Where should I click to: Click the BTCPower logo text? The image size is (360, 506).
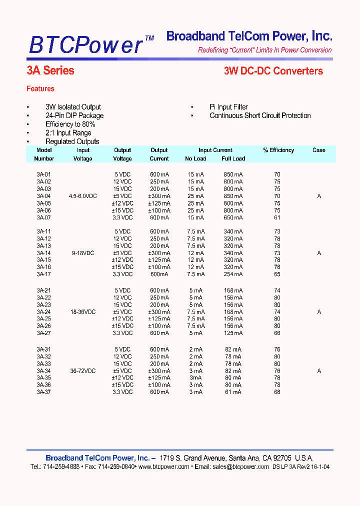[86, 44]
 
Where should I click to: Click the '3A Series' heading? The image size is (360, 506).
[50, 71]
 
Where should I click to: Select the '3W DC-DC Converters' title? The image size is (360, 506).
[273, 71]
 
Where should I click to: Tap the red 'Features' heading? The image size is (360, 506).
[40, 89]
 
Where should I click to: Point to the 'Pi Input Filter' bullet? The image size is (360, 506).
[228, 107]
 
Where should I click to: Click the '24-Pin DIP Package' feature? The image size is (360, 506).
[74, 115]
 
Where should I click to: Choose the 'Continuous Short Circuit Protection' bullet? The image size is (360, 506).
[260, 115]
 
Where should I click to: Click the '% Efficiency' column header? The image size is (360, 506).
[278, 150]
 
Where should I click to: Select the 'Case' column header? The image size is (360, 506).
[319, 150]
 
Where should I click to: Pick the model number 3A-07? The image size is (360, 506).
[44, 217]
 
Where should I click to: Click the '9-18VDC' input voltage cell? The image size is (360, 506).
[83, 253]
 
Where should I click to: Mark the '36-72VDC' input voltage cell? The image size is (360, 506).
[83, 371]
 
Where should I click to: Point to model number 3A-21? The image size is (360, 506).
[44, 290]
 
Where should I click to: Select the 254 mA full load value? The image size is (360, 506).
[233, 274]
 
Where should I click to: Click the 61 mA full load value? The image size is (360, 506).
[233, 392]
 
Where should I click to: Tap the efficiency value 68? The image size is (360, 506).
[277, 392]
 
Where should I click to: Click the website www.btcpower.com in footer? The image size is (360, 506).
[163, 466]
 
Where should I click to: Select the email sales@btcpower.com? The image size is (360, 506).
[240, 466]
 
